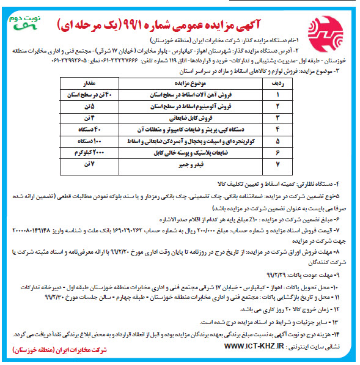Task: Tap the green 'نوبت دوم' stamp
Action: [24, 20]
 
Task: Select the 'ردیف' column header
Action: [277, 81]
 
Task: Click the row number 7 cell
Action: [277, 164]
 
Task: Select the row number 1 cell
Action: [277, 94]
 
